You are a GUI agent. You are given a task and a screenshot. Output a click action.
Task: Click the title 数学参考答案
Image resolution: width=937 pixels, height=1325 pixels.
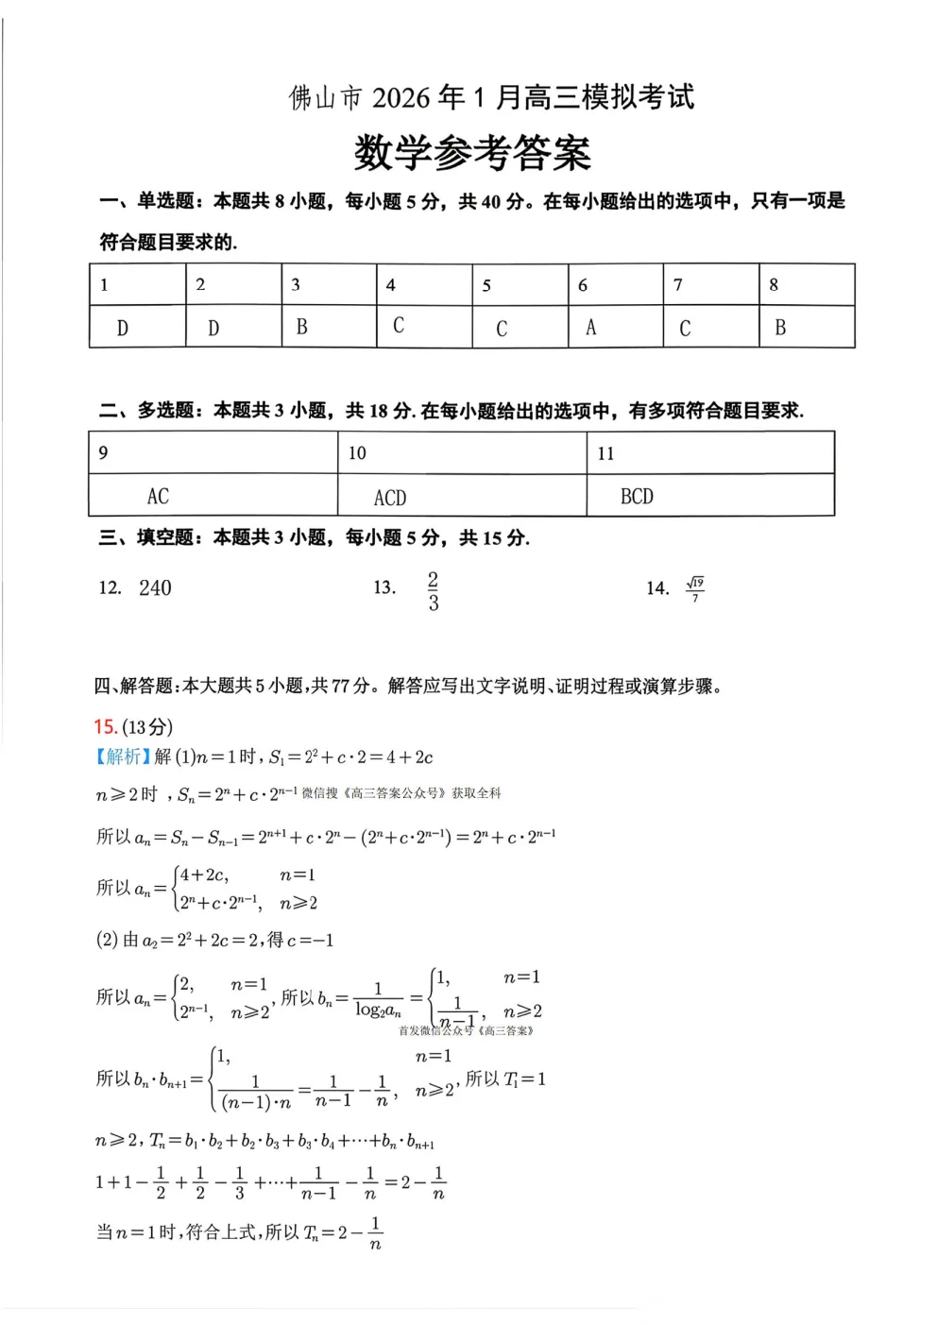[472, 153]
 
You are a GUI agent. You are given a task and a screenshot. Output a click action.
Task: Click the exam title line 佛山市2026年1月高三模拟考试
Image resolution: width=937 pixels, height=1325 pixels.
[491, 97]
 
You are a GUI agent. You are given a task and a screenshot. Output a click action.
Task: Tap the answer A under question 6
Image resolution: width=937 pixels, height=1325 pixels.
[591, 328]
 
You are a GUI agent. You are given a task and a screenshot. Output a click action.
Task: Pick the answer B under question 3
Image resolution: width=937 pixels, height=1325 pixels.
[302, 327]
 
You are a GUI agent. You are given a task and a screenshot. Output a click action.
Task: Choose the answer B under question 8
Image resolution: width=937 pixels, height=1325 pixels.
[780, 328]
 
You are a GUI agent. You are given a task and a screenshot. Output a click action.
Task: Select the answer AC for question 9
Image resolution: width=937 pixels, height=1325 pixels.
[158, 496]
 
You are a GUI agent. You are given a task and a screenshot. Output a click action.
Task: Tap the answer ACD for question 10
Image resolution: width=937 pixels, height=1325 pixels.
[390, 498]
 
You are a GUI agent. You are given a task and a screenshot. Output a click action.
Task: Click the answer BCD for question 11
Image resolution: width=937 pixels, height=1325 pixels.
[637, 496]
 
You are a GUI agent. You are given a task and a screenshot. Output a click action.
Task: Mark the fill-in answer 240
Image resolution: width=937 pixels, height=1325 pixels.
[155, 588]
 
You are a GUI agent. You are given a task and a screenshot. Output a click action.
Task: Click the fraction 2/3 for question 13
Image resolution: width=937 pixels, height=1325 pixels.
[433, 591]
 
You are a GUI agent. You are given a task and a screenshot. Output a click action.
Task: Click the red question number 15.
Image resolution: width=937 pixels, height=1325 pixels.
[105, 726]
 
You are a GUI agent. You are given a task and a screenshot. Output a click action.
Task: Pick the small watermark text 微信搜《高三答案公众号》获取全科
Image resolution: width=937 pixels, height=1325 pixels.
[401, 793]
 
